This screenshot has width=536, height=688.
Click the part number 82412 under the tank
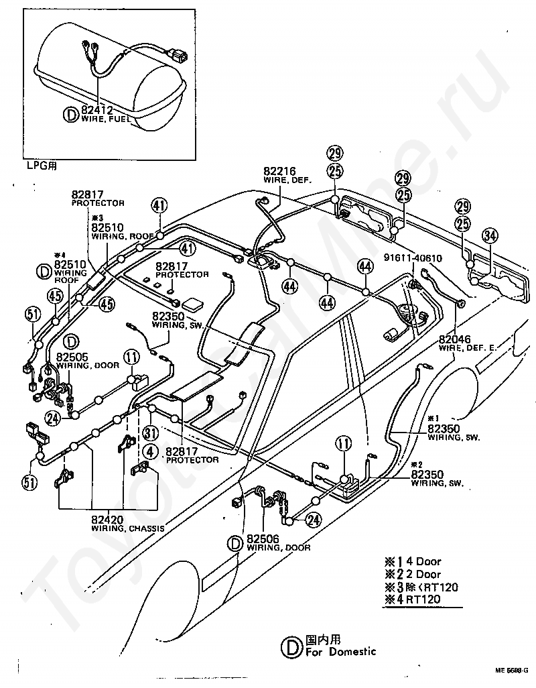(x=98, y=110)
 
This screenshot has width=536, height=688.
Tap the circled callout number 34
(x=491, y=235)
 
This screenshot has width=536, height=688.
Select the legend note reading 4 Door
(x=420, y=561)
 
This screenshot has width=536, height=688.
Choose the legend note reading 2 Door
(x=420, y=574)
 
